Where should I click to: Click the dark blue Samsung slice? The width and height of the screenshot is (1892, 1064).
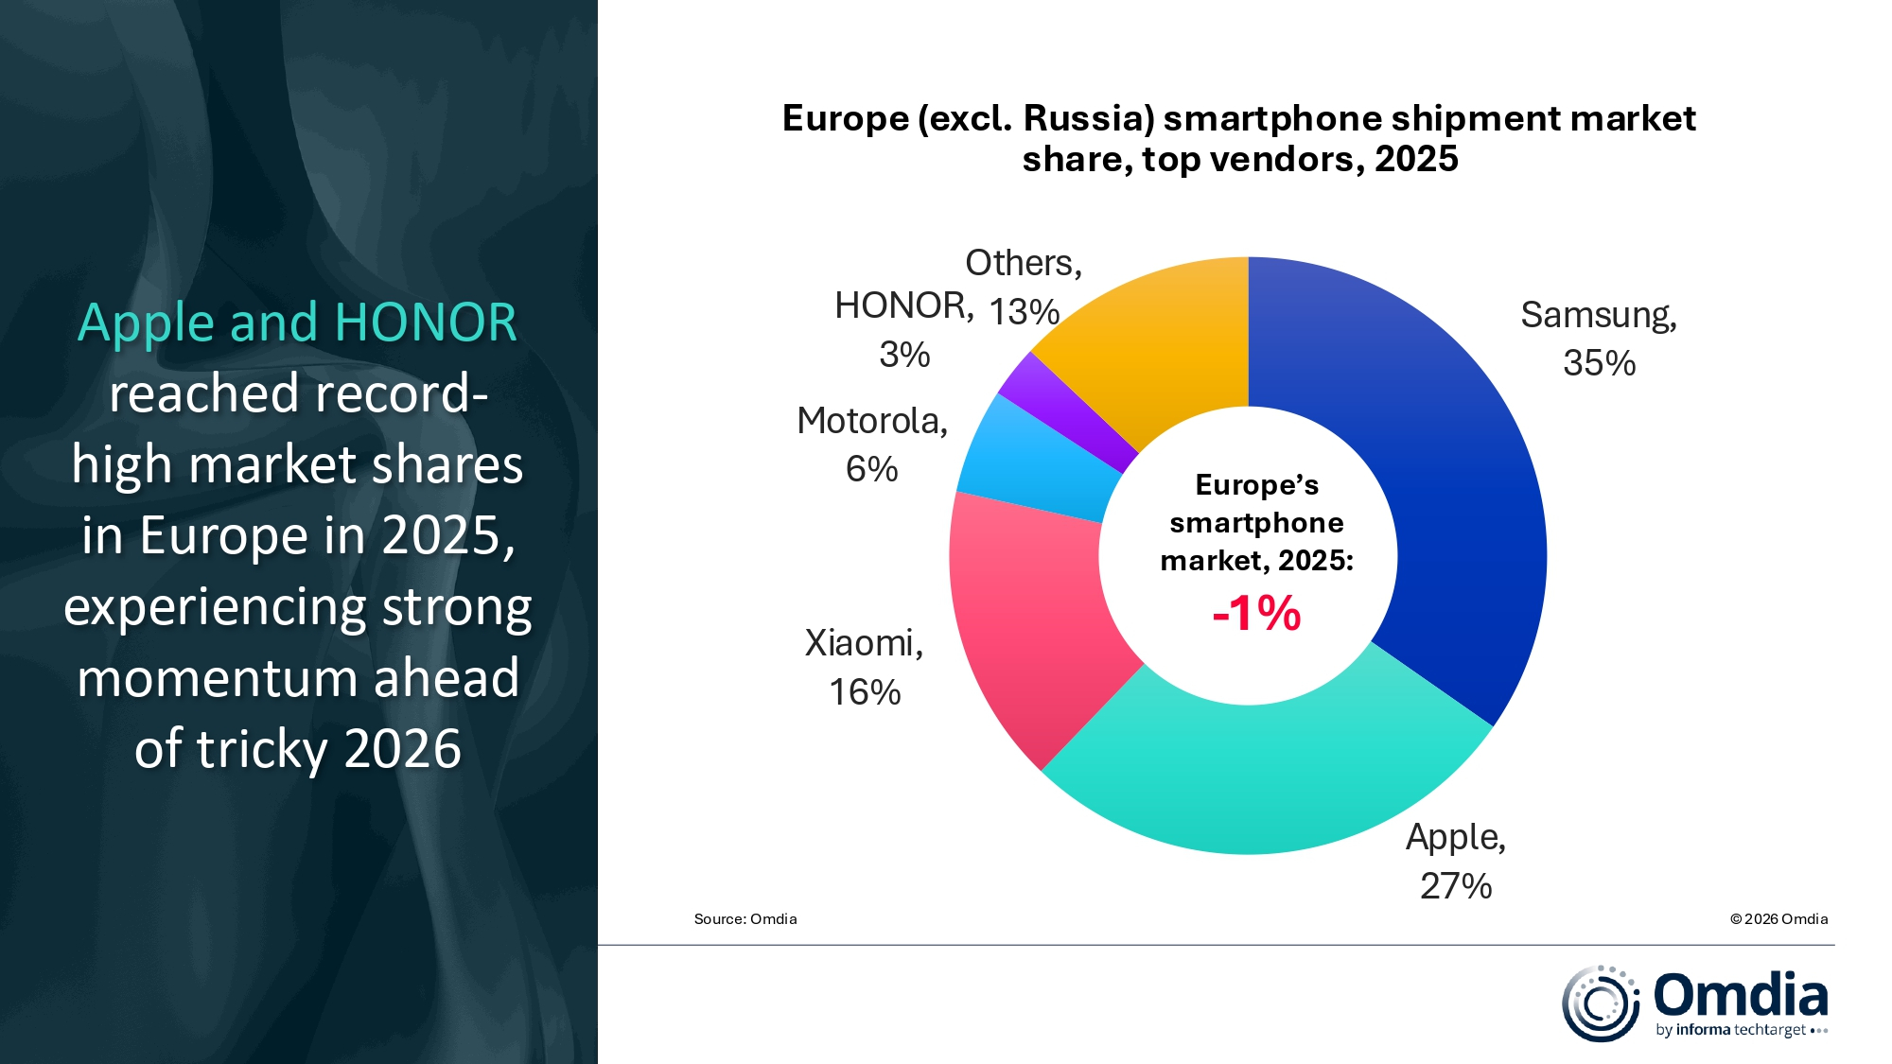click(1457, 492)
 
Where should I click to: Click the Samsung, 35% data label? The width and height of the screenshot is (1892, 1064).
click(1599, 339)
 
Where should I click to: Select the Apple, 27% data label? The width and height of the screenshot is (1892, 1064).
click(1455, 861)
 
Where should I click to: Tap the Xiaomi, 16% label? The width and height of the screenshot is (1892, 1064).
click(864, 667)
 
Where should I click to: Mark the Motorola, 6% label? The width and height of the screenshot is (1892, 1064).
click(871, 444)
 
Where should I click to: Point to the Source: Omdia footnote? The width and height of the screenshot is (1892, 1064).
click(745, 919)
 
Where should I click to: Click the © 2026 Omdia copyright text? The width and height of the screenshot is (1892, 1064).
click(1778, 919)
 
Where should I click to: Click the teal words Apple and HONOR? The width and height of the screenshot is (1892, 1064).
click(297, 323)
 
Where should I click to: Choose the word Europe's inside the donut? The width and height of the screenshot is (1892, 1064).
click(1256, 484)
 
